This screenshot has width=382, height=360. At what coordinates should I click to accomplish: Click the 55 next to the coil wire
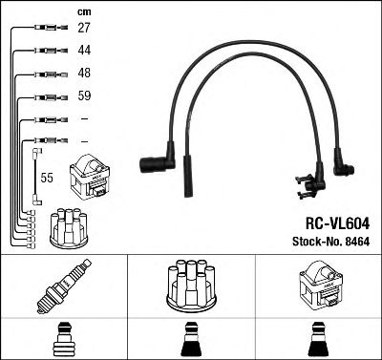(47, 179)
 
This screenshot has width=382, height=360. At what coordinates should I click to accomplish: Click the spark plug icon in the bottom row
(62, 286)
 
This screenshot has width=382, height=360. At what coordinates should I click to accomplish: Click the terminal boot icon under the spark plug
(62, 340)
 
